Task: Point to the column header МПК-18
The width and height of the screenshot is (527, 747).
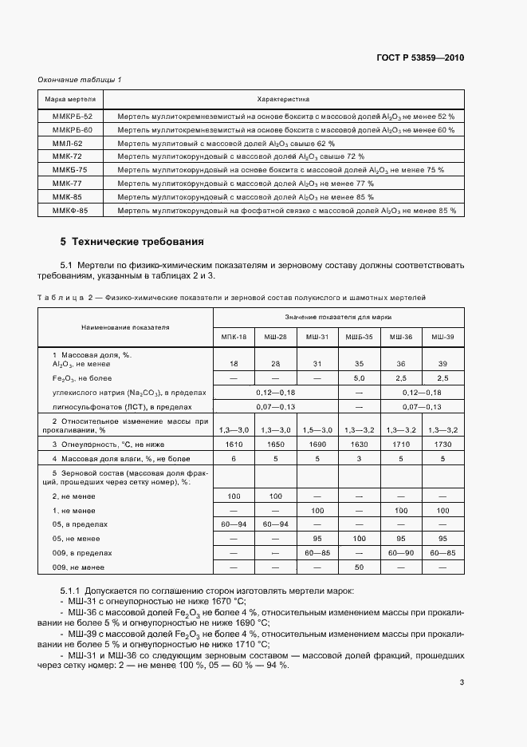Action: (x=234, y=338)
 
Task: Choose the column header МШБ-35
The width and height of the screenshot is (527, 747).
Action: (x=359, y=338)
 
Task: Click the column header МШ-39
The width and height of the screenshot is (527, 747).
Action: (x=442, y=338)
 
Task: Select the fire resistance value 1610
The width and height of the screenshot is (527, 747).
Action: (x=234, y=444)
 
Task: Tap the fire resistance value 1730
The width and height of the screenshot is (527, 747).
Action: (x=442, y=444)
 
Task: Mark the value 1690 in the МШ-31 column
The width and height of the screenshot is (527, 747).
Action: (x=317, y=444)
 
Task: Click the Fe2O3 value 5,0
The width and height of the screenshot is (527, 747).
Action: (x=359, y=377)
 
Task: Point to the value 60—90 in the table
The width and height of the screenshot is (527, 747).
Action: (x=400, y=552)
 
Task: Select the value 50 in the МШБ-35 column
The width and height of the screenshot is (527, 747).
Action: (x=359, y=567)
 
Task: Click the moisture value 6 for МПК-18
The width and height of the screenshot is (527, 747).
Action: (x=234, y=459)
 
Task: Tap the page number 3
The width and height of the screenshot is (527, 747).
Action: (x=462, y=682)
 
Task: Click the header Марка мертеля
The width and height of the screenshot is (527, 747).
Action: (x=71, y=99)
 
